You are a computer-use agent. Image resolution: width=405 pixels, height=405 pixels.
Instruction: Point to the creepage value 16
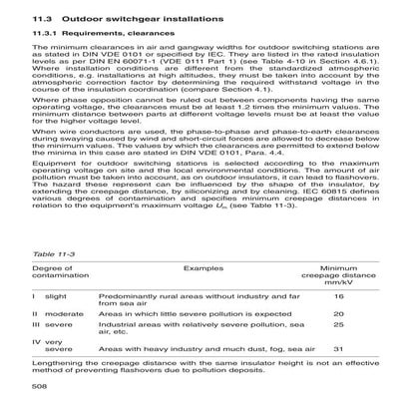pyautogui.click(x=338, y=296)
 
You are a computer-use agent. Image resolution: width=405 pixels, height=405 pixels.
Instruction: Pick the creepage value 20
pyautogui.click(x=338, y=313)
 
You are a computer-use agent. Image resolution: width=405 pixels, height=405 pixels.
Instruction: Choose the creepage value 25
pyautogui.click(x=338, y=325)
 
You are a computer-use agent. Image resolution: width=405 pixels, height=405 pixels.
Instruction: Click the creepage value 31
pyautogui.click(x=338, y=350)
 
